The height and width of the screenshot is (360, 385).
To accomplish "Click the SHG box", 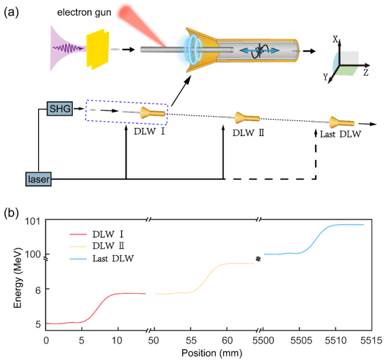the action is click(60, 108).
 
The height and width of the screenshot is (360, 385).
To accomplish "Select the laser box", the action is click(39, 179).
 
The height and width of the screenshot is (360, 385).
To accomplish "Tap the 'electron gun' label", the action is click(84, 12).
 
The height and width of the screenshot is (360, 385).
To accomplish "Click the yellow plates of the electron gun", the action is click(97, 49).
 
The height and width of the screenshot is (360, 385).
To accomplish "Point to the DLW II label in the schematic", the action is click(248, 133).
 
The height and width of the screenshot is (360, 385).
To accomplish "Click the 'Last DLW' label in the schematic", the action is click(340, 134).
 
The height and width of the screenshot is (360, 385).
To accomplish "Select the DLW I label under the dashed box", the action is click(149, 131).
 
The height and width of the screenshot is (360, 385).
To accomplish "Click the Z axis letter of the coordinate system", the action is click(366, 73).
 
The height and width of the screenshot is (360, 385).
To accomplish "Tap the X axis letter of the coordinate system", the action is click(335, 39).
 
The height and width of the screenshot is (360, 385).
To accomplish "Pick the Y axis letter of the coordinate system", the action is click(326, 77).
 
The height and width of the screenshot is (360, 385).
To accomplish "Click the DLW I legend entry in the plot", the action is click(97, 234).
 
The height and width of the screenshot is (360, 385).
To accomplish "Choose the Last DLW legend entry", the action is click(101, 259).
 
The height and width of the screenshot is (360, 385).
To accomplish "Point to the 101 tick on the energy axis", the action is click(32, 221).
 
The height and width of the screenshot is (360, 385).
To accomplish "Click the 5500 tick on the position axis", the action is click(263, 340).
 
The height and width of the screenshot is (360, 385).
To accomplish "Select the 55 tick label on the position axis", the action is click(191, 340).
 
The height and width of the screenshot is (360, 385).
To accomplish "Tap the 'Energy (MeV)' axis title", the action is click(18, 278).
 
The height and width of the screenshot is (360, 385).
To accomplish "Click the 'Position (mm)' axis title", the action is click(212, 353).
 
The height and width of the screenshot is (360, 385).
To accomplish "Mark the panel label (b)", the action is click(12, 213).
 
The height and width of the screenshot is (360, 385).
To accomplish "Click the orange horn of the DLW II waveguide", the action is click(247, 118).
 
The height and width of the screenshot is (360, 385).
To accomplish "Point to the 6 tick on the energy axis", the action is click(38, 290).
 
